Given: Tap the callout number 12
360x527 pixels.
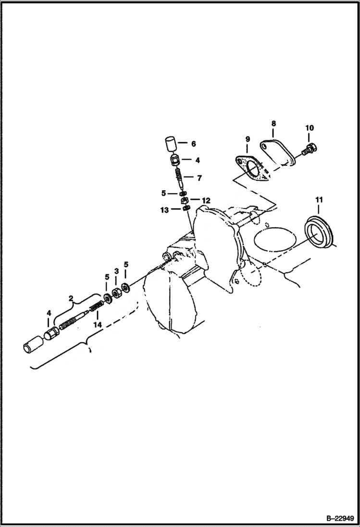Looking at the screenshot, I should [x=206, y=200].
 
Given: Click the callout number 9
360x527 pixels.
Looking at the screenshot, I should [x=248, y=139].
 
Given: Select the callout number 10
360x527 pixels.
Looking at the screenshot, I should [x=309, y=128].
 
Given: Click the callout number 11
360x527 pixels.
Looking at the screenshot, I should [x=319, y=199].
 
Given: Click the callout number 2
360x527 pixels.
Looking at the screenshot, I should [x=71, y=298].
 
